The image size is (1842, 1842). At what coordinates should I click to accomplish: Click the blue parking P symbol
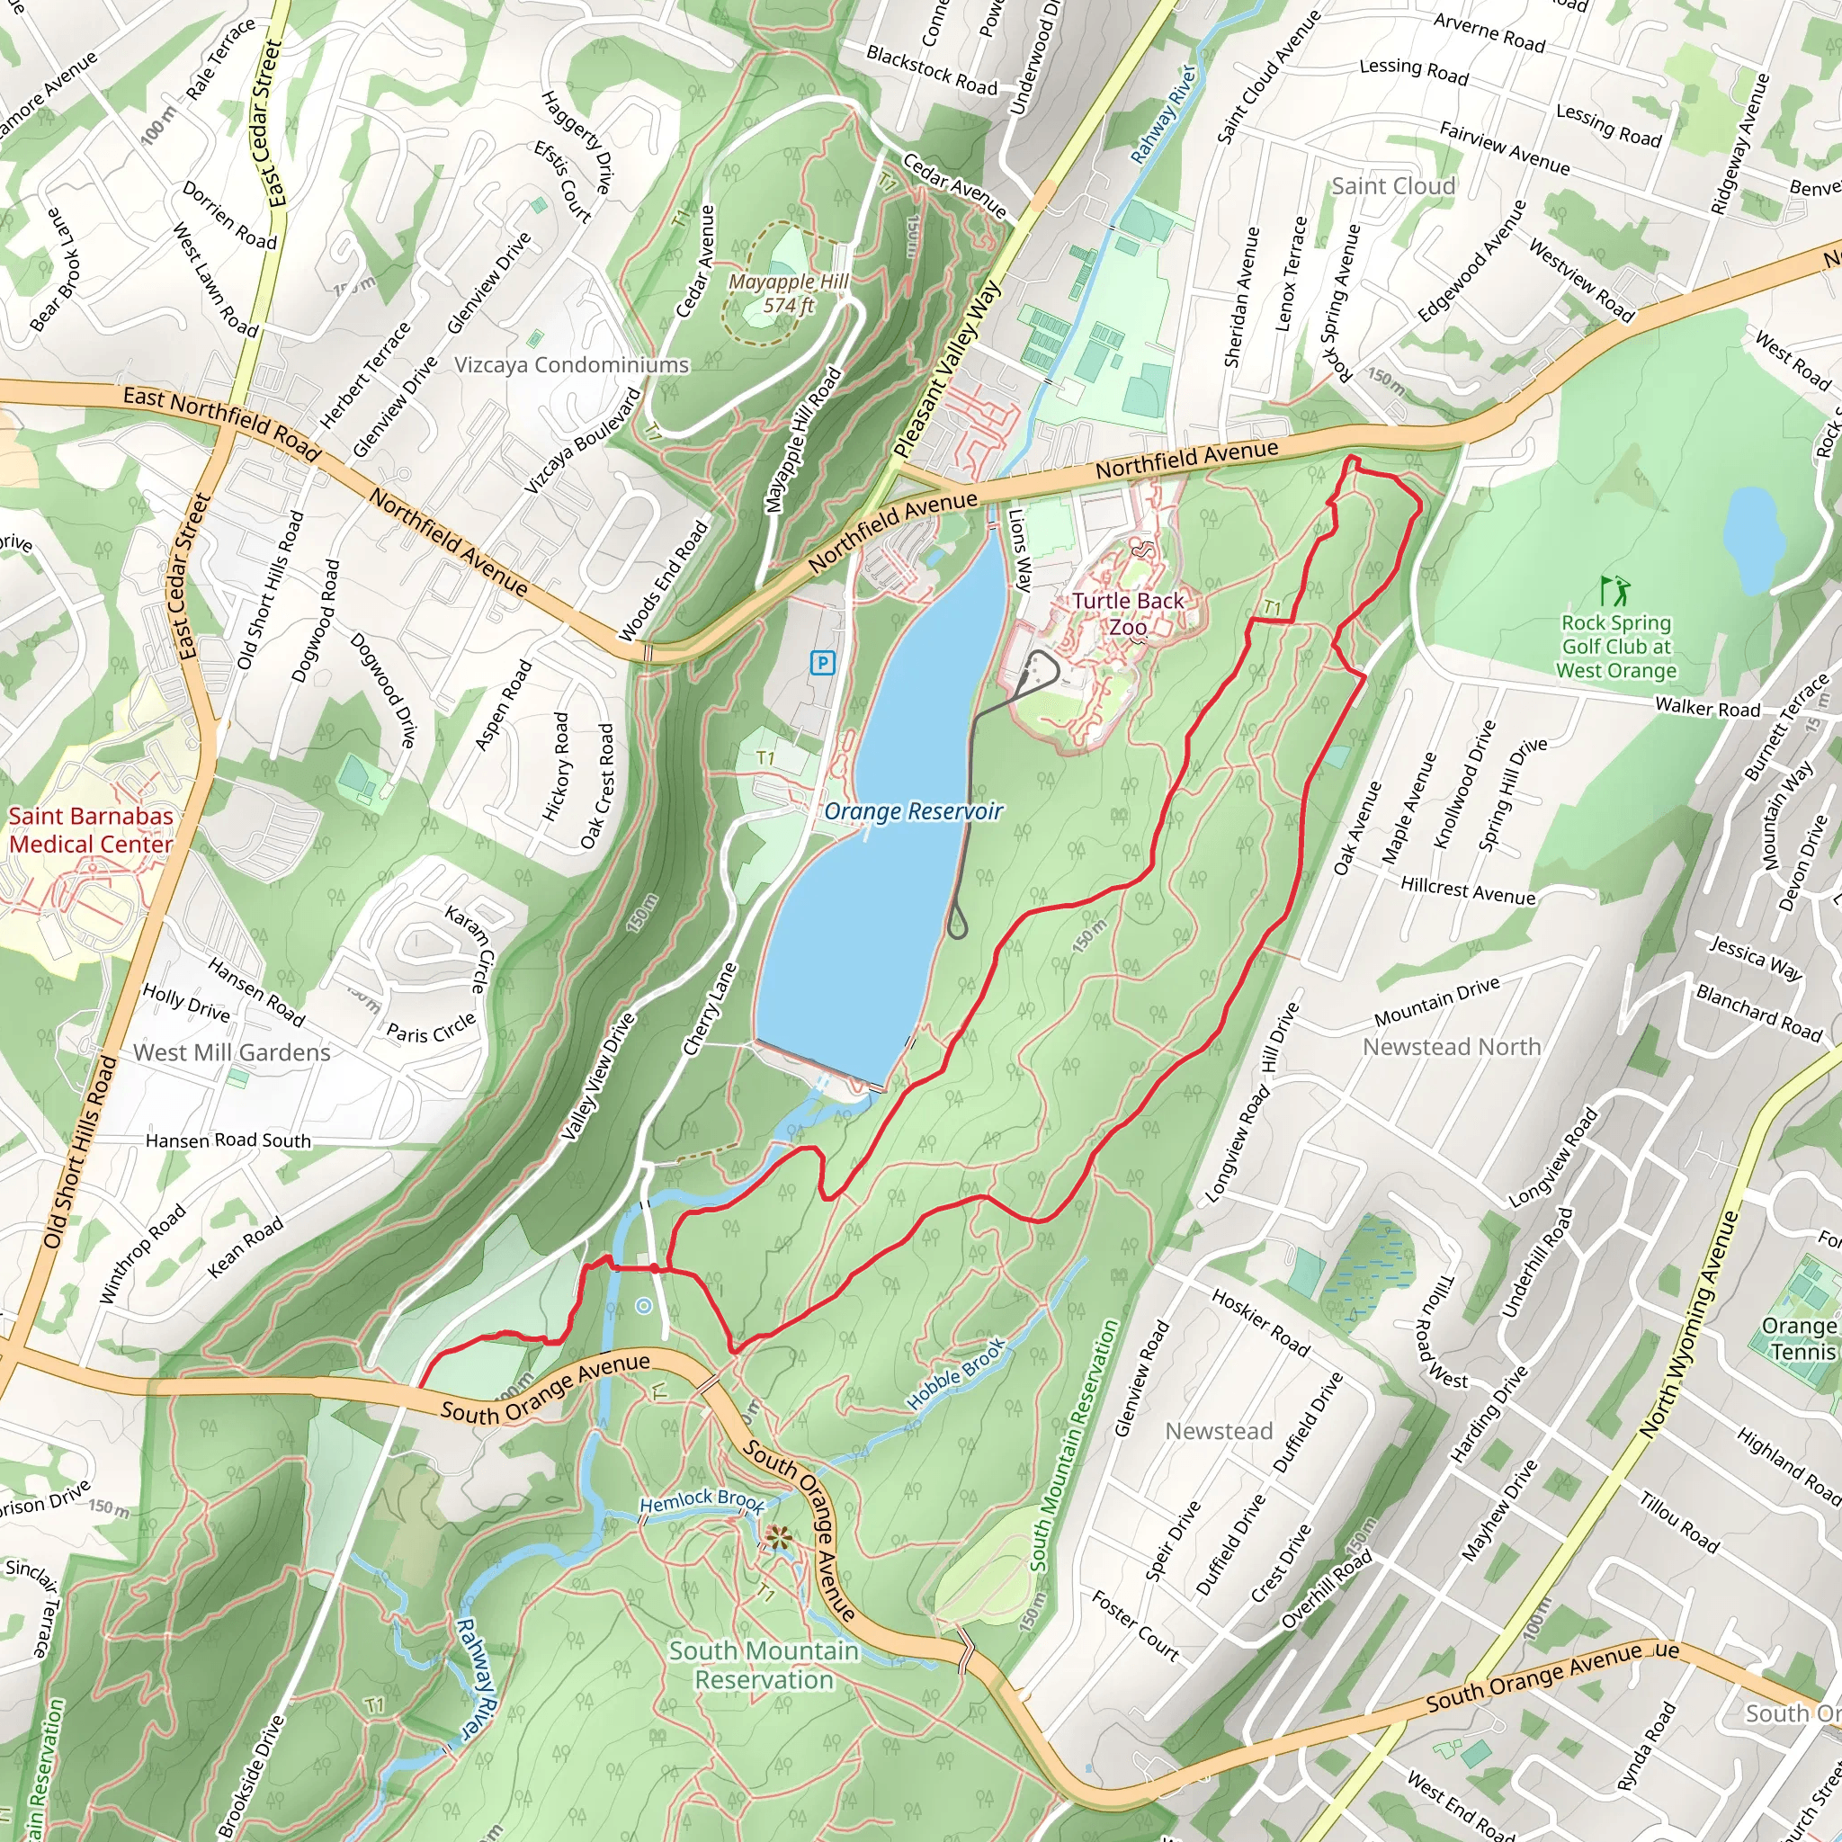tap(822, 663)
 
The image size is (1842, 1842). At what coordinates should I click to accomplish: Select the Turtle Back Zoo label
tap(1128, 613)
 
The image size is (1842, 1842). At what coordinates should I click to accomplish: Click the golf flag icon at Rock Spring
tap(1615, 591)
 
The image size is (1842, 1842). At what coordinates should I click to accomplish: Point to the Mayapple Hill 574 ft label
tap(789, 293)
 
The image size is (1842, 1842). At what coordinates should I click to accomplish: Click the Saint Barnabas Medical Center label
tap(91, 829)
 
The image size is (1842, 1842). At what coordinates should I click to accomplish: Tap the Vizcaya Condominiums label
tap(571, 365)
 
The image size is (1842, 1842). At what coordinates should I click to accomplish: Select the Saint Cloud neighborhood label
tap(1393, 186)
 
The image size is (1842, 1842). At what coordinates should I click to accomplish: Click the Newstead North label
tap(1451, 1047)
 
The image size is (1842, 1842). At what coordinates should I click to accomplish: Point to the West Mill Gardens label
tap(232, 1052)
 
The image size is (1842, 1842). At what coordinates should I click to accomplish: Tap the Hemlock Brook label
tap(702, 1502)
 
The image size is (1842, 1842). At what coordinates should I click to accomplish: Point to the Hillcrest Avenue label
tap(1467, 890)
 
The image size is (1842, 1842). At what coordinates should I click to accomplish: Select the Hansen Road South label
tap(228, 1140)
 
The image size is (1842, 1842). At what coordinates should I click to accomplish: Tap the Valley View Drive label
tap(597, 1077)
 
